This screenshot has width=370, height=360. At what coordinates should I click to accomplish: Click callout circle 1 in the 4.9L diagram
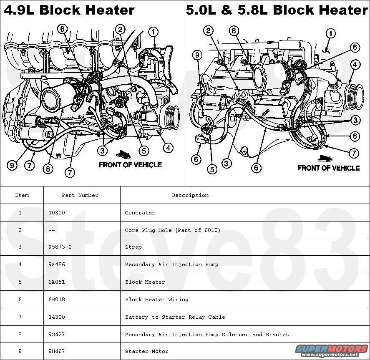(x=153, y=31)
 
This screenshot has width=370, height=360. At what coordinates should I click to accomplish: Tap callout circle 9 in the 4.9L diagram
(x=12, y=165)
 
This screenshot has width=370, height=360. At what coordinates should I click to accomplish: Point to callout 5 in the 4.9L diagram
(x=144, y=151)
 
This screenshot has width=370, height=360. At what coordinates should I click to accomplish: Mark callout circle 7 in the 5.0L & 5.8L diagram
(x=354, y=153)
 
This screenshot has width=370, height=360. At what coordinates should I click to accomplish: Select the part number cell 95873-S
(x=60, y=247)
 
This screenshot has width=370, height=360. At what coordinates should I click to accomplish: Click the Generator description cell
(x=140, y=213)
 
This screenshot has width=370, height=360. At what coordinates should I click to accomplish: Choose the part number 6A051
(x=57, y=282)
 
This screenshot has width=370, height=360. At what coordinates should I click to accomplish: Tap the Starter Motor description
(x=146, y=352)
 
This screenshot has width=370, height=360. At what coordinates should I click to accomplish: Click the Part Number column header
(x=80, y=195)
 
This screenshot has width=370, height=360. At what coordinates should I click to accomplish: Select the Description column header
(x=190, y=195)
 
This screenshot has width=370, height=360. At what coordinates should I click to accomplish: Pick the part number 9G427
(x=57, y=335)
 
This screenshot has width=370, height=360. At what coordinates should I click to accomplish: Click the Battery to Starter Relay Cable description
(x=175, y=317)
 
